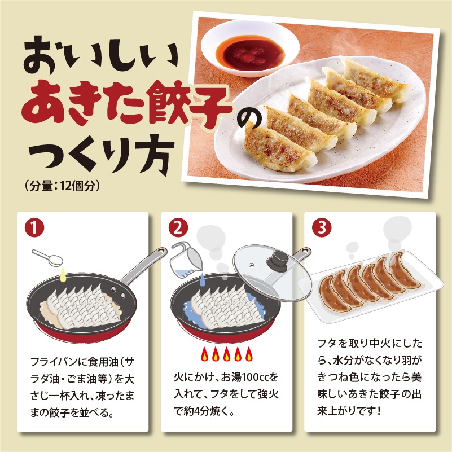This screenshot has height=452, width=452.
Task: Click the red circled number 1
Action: (x=34, y=227)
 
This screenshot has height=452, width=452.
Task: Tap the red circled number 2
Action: (x=178, y=227)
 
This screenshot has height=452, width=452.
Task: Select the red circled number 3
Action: (x=322, y=227)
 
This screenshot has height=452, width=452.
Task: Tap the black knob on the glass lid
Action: (x=277, y=260)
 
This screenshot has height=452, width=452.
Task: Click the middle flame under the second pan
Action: (x=227, y=354)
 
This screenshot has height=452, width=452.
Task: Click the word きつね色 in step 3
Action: (x=338, y=378)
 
